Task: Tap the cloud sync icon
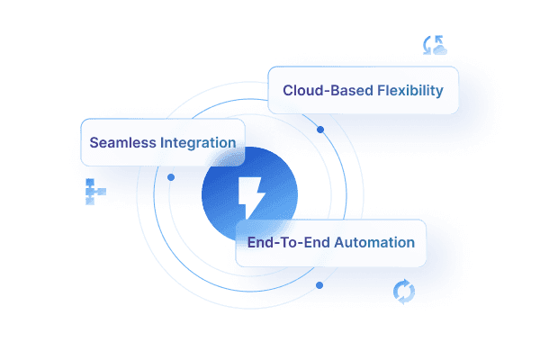point(436,46)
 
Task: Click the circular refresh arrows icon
point(404,291)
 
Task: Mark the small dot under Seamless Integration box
point(171,177)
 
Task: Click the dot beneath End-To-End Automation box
point(319,285)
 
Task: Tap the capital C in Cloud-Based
point(288,91)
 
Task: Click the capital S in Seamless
point(94,142)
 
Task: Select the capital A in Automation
point(339,242)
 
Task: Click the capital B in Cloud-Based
point(332,91)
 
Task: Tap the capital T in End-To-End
point(279,242)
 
